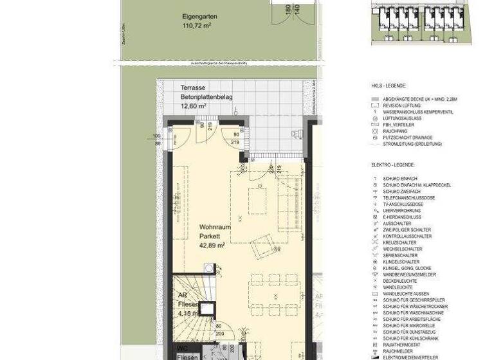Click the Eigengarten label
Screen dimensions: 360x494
[198, 17]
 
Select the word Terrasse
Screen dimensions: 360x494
[193, 88]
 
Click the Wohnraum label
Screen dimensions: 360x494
[212, 228]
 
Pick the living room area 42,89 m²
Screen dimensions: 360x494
[212, 245]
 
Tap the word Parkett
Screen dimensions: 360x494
[208, 236]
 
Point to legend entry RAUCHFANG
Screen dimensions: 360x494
[395, 130]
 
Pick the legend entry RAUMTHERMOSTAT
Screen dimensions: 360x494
[403, 345]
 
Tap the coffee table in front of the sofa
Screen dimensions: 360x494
[257, 201]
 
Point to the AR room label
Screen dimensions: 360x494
[182, 296]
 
